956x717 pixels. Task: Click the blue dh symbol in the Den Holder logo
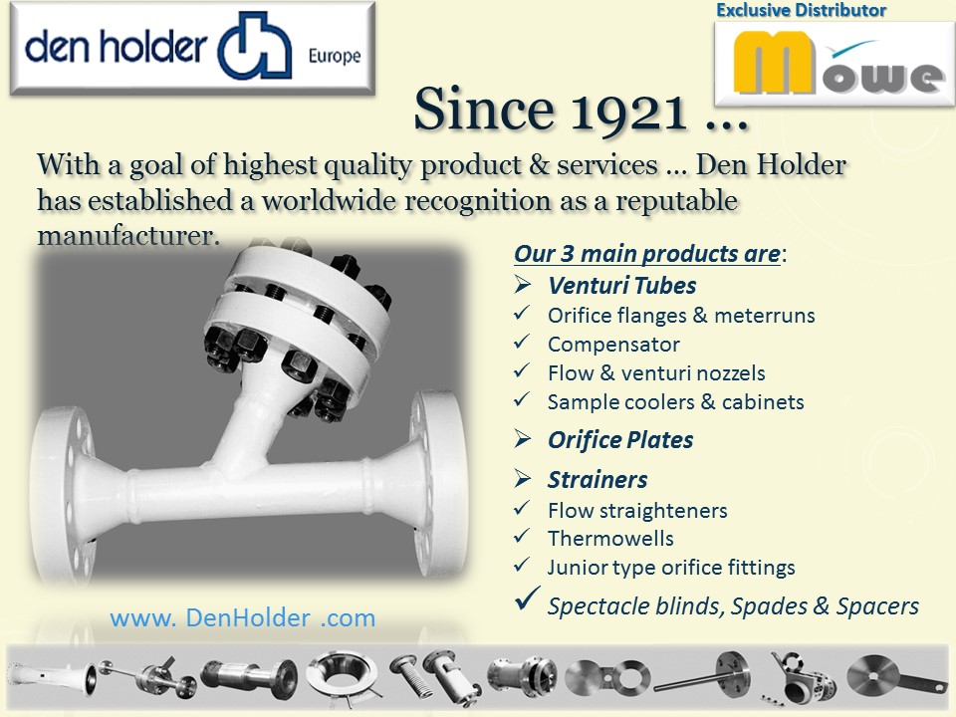255,47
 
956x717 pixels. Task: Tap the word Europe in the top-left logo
335,57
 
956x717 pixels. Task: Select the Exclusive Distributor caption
801,10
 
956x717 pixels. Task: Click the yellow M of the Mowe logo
774,62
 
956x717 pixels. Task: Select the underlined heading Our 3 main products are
646,254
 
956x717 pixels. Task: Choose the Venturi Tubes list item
621,286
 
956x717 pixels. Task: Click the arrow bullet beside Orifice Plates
523,438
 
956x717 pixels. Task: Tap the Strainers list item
597,480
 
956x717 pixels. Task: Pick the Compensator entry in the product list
613,345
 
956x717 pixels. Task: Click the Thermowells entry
610,539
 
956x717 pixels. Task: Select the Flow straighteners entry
637,510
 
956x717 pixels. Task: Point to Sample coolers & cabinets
675,402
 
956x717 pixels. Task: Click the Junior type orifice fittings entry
671,568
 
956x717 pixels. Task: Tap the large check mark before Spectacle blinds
527,598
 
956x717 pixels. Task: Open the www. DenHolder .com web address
243,618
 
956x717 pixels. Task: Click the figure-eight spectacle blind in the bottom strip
607,677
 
